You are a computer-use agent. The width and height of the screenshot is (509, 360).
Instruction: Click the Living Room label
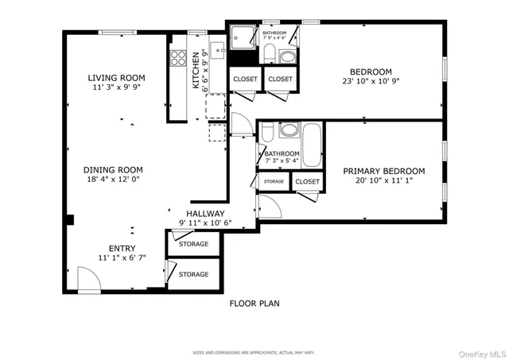116,77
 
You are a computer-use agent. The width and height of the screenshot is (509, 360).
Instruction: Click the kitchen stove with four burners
177,59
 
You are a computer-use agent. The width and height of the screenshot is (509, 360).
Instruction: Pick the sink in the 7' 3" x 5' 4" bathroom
288,130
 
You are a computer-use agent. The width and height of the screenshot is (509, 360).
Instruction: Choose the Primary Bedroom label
383,171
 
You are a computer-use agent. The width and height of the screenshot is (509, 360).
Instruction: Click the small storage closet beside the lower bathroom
274,182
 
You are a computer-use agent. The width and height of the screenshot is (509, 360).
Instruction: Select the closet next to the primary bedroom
307,182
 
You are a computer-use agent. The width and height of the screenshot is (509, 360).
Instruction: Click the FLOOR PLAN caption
254,303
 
